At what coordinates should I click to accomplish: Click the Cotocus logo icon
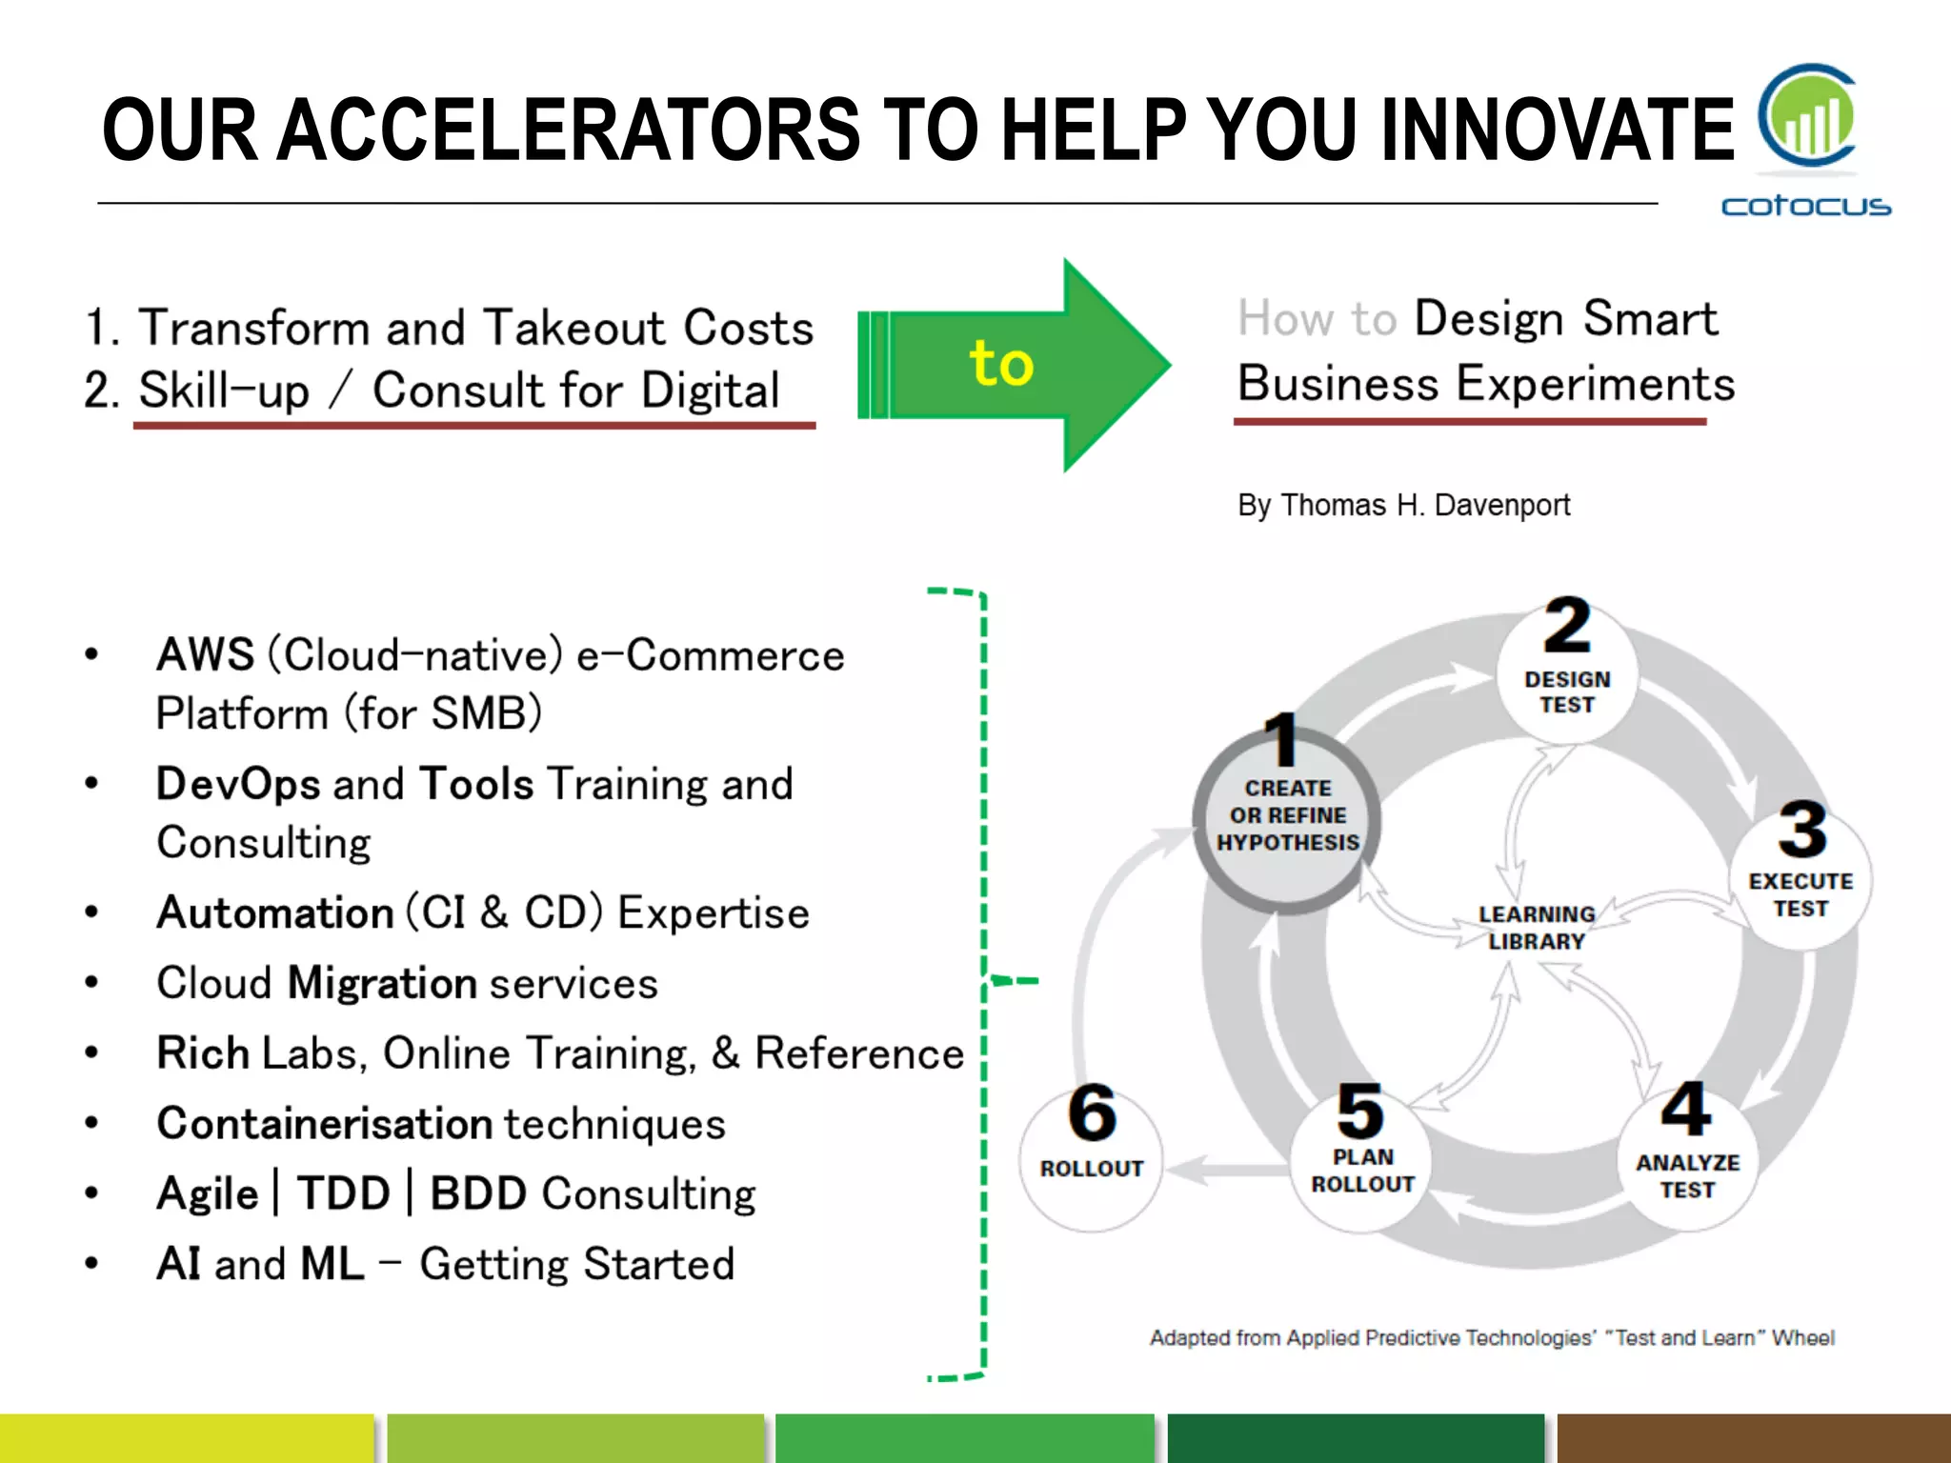click(1806, 116)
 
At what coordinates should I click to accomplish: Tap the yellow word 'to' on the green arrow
click(1000, 363)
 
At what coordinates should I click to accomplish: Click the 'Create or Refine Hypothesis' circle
click(1287, 817)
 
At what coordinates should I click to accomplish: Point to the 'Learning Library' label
click(1536, 927)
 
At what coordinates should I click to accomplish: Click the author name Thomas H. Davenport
click(1425, 505)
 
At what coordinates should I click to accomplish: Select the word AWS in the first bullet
click(205, 655)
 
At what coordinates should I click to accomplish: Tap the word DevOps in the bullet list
click(238, 784)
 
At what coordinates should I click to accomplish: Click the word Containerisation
click(324, 1124)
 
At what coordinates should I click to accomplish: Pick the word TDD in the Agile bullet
click(343, 1193)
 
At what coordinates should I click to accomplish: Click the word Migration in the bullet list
click(381, 983)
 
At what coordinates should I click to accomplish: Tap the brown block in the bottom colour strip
click(1753, 1438)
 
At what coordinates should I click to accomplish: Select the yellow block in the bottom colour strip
click(186, 1438)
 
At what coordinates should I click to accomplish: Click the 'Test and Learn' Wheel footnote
click(1492, 1337)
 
